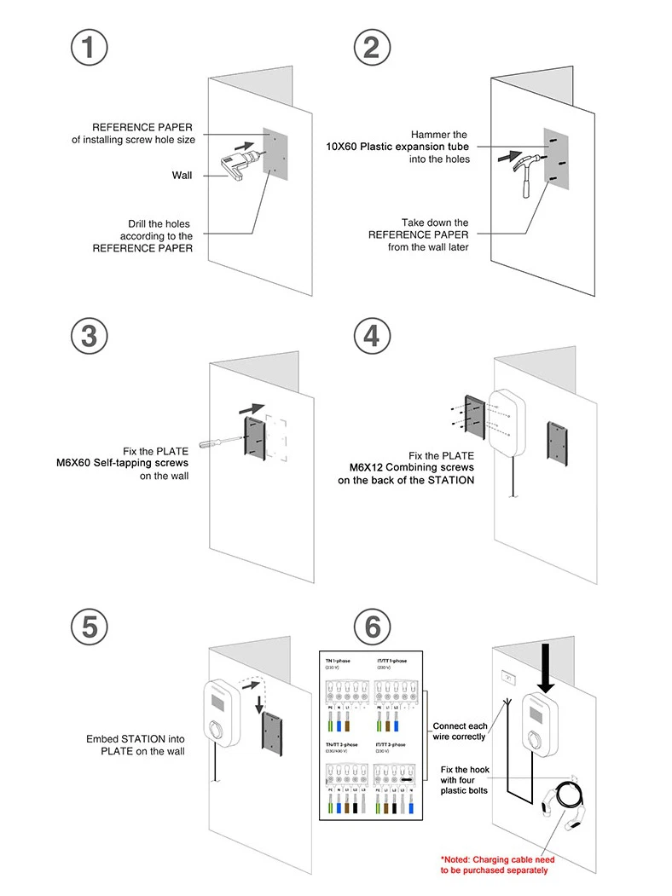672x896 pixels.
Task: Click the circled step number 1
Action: tap(89, 47)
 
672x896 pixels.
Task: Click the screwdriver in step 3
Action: tap(220, 442)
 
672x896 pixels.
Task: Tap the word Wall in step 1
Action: tap(182, 176)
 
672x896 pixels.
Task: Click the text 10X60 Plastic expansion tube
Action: tap(397, 147)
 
